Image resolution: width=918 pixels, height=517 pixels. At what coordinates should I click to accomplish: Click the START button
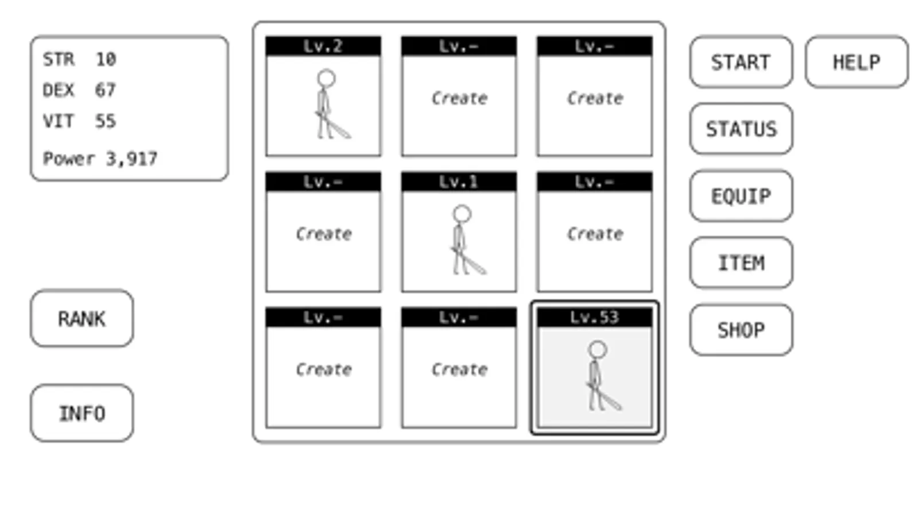pos(741,62)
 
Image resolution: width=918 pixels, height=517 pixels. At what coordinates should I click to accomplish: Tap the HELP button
pos(857,62)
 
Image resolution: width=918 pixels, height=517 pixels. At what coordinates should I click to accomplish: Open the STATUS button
pos(741,129)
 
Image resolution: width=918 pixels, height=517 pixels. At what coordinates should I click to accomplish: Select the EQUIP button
pos(741,196)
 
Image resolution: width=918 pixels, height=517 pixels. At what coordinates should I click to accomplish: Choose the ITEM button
pos(741,263)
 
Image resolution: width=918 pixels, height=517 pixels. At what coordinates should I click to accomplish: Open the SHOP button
pos(741,330)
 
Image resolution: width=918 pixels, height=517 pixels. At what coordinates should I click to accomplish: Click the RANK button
pos(82,319)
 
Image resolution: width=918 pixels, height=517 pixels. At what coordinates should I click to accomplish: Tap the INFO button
pos(82,413)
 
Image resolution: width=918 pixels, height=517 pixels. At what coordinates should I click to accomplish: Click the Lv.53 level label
pos(594,317)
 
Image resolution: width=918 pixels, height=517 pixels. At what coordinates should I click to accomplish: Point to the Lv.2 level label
pos(323,46)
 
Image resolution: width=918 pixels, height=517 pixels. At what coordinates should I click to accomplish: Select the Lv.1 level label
pos(459,182)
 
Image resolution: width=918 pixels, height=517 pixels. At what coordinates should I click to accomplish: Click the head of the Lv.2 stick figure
pos(326,78)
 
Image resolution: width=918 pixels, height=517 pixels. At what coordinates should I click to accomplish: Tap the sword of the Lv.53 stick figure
pos(604,396)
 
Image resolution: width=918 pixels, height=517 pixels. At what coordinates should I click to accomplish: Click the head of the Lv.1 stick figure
pos(462,214)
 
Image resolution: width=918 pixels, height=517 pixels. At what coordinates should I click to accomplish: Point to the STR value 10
pos(106,60)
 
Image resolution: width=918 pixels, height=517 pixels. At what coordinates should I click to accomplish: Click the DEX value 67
pos(105,90)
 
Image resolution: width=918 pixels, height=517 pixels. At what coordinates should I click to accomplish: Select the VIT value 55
pos(105,121)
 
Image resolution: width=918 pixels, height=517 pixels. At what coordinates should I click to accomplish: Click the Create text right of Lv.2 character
pos(459,98)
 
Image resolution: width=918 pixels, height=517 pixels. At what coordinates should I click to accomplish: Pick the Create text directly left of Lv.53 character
pos(459,370)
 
